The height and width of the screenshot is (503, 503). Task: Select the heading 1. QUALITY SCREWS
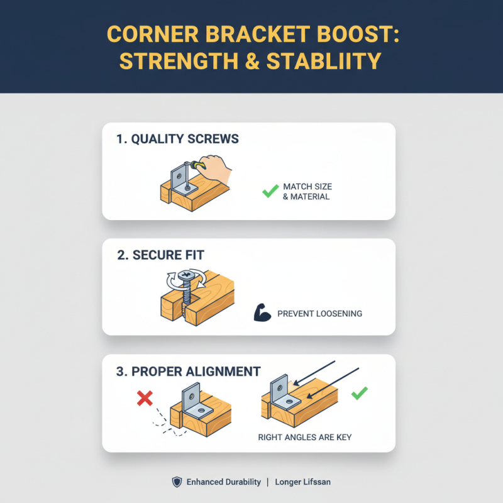(178, 139)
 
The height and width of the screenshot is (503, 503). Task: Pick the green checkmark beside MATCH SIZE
(270, 191)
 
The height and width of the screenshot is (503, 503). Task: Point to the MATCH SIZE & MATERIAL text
(307, 192)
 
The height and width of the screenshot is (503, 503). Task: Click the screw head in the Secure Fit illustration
(185, 277)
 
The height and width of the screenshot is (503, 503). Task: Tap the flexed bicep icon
(262, 312)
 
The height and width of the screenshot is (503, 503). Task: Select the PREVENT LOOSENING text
(319, 313)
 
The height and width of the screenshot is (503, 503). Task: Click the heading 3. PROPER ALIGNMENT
(189, 371)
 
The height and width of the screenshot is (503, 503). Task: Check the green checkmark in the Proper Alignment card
(359, 394)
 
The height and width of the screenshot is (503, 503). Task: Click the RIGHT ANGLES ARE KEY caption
(304, 436)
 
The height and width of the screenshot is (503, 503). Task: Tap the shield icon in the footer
(177, 482)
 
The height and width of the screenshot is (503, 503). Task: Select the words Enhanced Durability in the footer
(223, 482)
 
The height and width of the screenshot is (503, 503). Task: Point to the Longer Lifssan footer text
(303, 482)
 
